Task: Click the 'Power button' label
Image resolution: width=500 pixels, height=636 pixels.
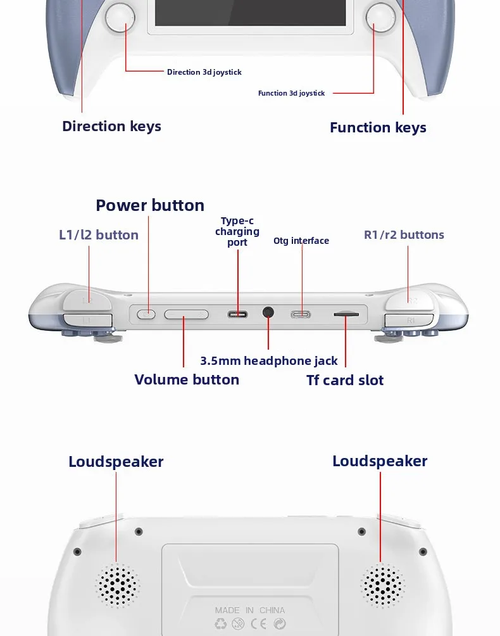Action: [150, 205]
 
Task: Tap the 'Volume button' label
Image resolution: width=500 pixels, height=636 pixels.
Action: [187, 379]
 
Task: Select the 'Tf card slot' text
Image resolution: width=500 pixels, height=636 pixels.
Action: [345, 380]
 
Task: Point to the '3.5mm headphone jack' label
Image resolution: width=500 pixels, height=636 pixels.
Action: [269, 360]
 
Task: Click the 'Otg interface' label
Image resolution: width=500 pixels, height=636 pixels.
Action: [301, 241]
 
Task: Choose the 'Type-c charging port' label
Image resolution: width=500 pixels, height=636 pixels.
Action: [237, 232]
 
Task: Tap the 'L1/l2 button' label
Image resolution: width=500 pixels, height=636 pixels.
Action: [99, 235]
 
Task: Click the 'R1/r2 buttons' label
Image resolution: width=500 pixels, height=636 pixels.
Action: [404, 235]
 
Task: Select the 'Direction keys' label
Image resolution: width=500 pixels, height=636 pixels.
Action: [111, 126]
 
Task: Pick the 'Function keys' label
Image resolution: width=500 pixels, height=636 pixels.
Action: [378, 127]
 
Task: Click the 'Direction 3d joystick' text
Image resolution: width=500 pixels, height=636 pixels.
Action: [204, 72]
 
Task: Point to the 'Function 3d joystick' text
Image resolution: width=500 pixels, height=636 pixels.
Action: [291, 93]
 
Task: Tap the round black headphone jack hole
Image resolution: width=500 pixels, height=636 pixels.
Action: [268, 312]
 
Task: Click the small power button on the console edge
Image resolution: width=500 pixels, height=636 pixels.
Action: [147, 314]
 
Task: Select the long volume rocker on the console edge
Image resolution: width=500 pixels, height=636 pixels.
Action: [186, 314]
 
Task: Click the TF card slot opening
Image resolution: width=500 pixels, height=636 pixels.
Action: [346, 314]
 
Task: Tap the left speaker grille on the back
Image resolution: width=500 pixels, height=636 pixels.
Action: [117, 585]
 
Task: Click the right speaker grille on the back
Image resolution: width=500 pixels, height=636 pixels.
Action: [382, 585]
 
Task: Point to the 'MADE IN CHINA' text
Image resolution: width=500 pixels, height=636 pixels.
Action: [250, 610]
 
